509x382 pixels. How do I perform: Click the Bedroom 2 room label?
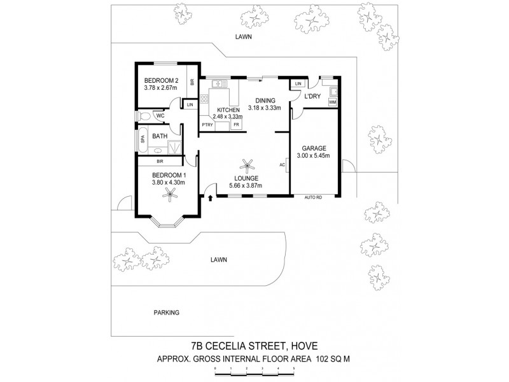[x=160, y=80]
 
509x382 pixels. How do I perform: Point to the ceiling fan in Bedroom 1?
[x=170, y=199]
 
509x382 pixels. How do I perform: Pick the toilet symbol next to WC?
[x=144, y=116]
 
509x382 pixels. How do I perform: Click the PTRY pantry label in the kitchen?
[x=207, y=125]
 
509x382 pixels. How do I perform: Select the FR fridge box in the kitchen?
[x=235, y=125]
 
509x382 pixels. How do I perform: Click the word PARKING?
[x=166, y=313]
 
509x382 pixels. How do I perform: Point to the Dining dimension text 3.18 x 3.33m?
[x=265, y=108]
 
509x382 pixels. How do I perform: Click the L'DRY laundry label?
[x=312, y=96]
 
